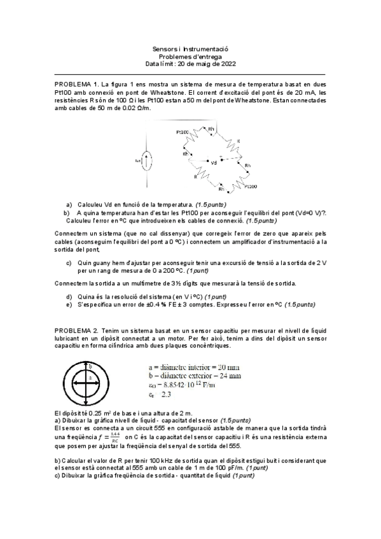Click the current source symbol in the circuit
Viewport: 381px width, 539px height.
click(x=147, y=161)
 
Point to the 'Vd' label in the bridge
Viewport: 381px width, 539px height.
click(x=213, y=163)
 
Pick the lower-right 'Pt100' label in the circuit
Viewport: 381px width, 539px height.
click(x=249, y=186)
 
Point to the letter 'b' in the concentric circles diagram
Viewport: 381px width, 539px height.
click(x=91, y=367)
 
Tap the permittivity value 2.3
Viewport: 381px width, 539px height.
click(x=167, y=394)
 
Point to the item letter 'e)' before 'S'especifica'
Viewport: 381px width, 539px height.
click(x=69, y=305)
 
